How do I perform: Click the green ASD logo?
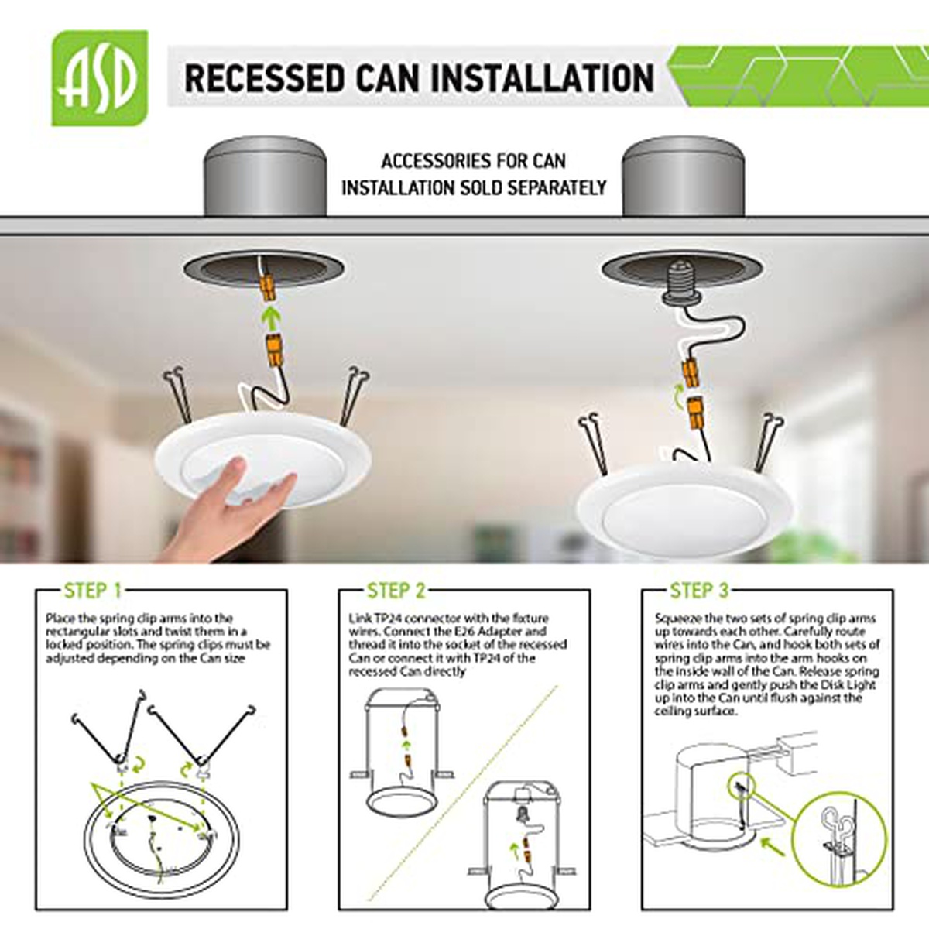pos(100,78)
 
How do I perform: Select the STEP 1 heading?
pos(93,591)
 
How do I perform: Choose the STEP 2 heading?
pos(396,591)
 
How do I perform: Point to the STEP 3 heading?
pos(700,591)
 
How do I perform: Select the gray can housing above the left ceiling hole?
pos(266,177)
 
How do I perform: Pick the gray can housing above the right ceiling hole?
pos(683,177)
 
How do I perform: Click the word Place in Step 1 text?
pos(59,619)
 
